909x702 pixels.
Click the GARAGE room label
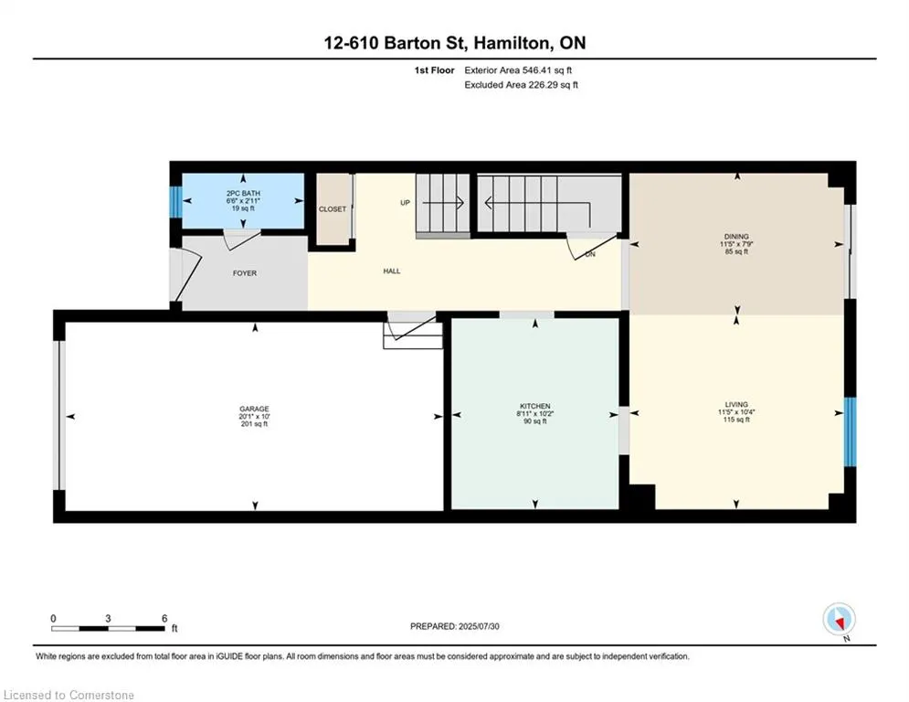pyautogui.click(x=254, y=409)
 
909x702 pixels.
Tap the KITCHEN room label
pyautogui.click(x=535, y=406)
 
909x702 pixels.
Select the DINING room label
pyautogui.click(x=736, y=237)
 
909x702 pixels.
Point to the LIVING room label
pyautogui.click(x=736, y=404)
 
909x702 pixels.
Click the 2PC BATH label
pyautogui.click(x=244, y=193)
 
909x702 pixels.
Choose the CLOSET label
pyautogui.click(x=333, y=208)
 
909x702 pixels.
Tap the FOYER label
pyautogui.click(x=245, y=273)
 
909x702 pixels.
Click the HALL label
pyautogui.click(x=392, y=271)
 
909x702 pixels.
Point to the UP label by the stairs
pyautogui.click(x=406, y=203)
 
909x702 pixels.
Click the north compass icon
pyautogui.click(x=839, y=620)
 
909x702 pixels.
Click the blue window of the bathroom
pyautogui.click(x=175, y=202)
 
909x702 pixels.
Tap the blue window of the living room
pyautogui.click(x=850, y=431)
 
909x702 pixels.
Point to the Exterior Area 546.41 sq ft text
pyautogui.click(x=518, y=70)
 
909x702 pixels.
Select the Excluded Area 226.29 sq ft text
pyautogui.click(x=521, y=85)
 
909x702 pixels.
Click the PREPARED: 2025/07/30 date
pyautogui.click(x=455, y=626)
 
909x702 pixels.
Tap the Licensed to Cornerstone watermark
pyautogui.click(x=69, y=695)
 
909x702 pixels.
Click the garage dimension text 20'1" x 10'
pyautogui.click(x=254, y=417)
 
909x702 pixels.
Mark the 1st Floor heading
pyautogui.click(x=434, y=70)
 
